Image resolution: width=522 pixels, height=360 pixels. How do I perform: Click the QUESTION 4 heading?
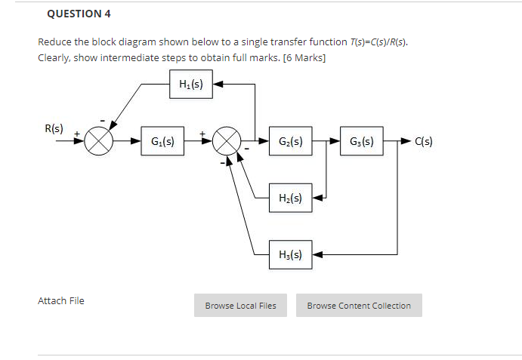pos(73,14)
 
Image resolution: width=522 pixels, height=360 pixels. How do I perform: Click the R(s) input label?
pos(54,128)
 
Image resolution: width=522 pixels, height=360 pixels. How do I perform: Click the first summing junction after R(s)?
pos(98,141)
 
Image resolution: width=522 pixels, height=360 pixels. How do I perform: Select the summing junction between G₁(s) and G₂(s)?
pos(226,141)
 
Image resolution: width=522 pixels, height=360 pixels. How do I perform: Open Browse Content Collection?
pos(359,306)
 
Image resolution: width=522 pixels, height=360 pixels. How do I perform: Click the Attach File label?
pos(61,301)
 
